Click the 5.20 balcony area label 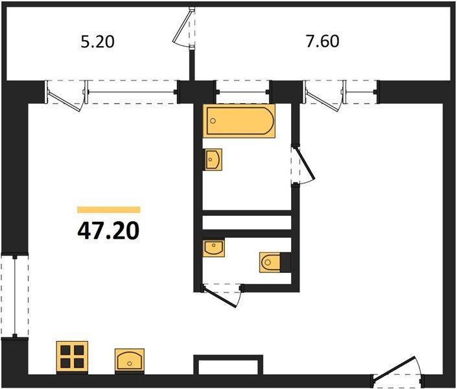click(97, 41)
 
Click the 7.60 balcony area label click(322, 41)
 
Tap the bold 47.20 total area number click(108, 231)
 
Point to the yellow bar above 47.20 click(109, 210)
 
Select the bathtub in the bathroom click(239, 121)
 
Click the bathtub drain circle click(213, 121)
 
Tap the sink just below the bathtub click(213, 159)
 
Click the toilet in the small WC click(270, 262)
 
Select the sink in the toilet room click(214, 248)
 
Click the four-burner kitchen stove click(72, 357)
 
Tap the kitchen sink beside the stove click(130, 360)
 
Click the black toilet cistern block click(286, 262)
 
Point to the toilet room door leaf click(221, 297)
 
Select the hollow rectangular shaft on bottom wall click(228, 365)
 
